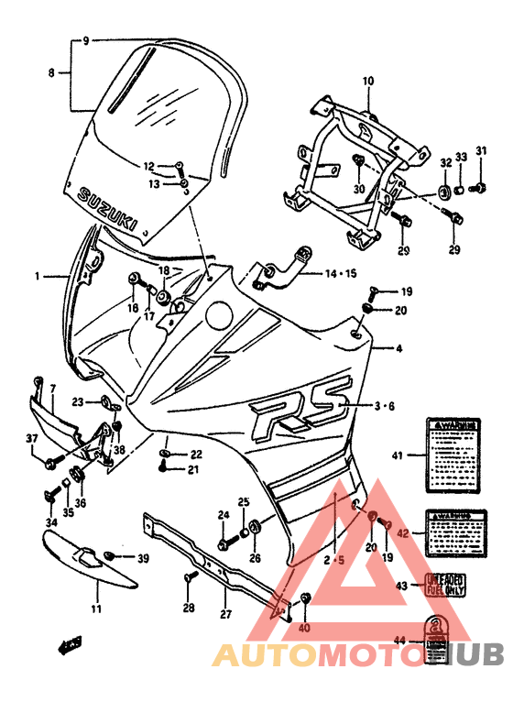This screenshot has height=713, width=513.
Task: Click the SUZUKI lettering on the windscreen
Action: pyautogui.click(x=108, y=209)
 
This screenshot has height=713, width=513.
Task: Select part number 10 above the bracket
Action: pyautogui.click(x=368, y=82)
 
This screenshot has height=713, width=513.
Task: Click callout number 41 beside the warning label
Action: pyautogui.click(x=397, y=455)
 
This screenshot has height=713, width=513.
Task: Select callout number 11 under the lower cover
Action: pyautogui.click(x=96, y=609)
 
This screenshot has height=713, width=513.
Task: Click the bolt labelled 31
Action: pyautogui.click(x=475, y=188)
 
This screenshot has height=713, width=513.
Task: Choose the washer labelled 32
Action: pyautogui.click(x=443, y=192)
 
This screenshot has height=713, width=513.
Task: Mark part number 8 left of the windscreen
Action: pyautogui.click(x=51, y=71)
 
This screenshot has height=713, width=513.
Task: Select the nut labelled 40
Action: pyautogui.click(x=305, y=599)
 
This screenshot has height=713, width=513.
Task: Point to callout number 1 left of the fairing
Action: pyautogui.click(x=38, y=275)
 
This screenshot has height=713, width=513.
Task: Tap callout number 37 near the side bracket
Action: pyautogui.click(x=32, y=439)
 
